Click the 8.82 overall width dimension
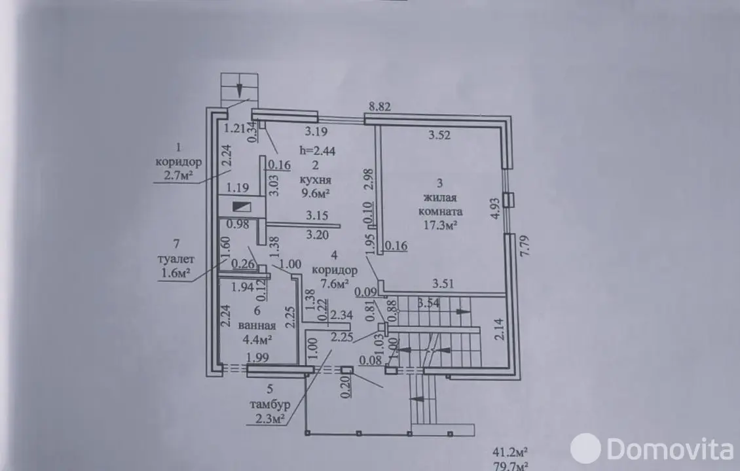(379, 107)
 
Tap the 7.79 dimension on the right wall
(525, 245)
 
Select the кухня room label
(315, 180)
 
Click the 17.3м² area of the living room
(440, 225)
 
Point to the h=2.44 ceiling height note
(317, 150)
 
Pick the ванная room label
(257, 325)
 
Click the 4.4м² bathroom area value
(257, 339)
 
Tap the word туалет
(176, 259)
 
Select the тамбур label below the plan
(269, 404)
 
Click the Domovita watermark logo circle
(585, 448)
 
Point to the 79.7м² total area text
(509, 467)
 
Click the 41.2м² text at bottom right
(509, 452)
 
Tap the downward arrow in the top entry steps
(240, 88)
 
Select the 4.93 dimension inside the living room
(494, 208)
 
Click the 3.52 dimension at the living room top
(439, 135)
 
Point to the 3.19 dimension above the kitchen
(316, 131)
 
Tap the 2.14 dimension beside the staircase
(499, 329)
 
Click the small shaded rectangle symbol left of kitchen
(242, 207)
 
